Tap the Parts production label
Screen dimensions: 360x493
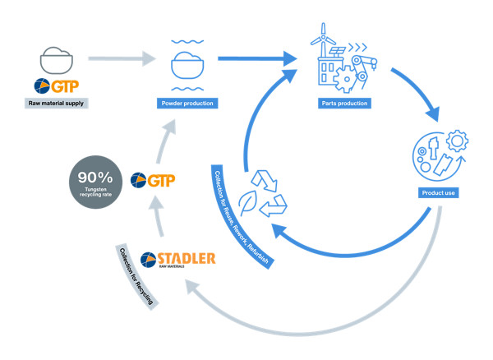click(x=343, y=104)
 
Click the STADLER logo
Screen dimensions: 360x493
click(x=178, y=260)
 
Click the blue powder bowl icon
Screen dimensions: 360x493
click(x=186, y=63)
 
